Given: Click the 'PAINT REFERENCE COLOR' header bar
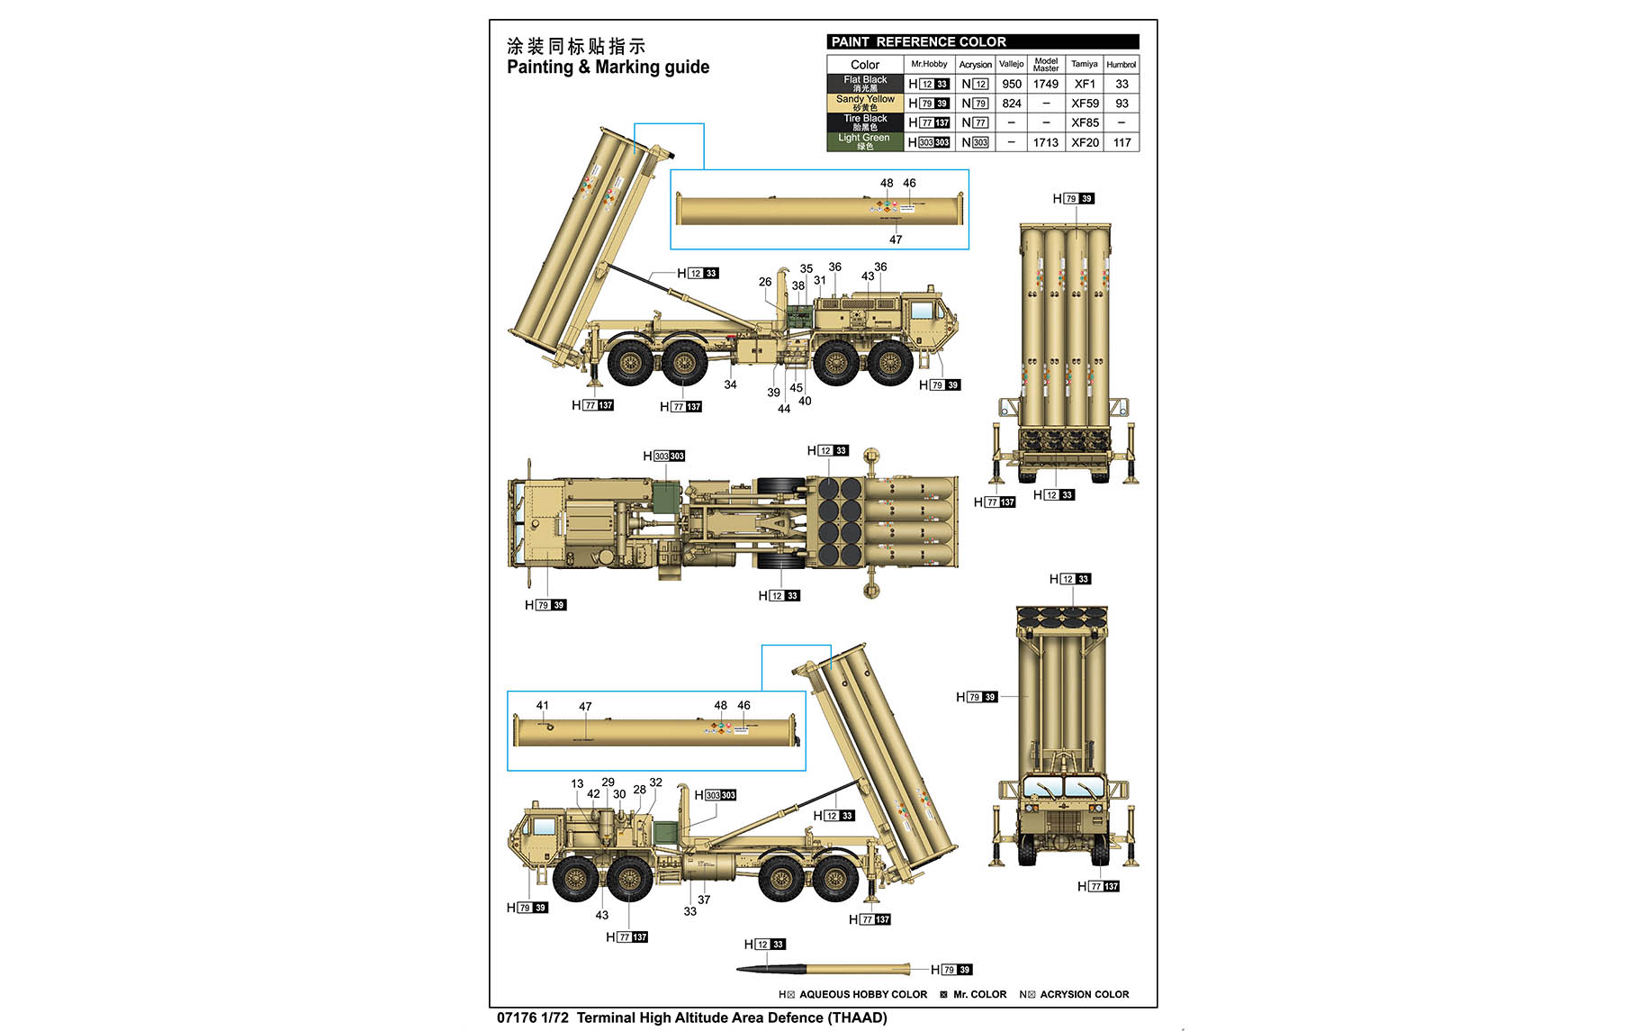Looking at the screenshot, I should pyautogui.click(x=982, y=42).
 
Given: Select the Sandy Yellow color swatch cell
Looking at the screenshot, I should pyautogui.click(x=865, y=104).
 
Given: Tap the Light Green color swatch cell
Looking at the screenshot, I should pyautogui.click(x=865, y=142).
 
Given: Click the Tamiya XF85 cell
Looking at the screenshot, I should pyautogui.click(x=1085, y=123).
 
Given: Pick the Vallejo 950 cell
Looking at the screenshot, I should pyautogui.click(x=1012, y=85).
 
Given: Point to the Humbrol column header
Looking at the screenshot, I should pyautogui.click(x=1121, y=65).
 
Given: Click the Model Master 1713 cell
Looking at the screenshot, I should pyautogui.click(x=1046, y=142).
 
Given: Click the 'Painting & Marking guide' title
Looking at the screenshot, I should pyautogui.click(x=608, y=68).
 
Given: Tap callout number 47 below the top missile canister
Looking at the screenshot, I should pyautogui.click(x=896, y=240).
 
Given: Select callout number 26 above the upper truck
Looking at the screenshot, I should pyautogui.click(x=765, y=282).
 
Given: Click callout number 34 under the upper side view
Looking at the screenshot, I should pyautogui.click(x=730, y=384).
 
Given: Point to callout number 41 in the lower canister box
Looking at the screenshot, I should pyautogui.click(x=542, y=706).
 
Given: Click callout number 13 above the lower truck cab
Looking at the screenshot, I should pyautogui.click(x=577, y=783).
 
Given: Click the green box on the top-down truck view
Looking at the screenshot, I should pyautogui.click(x=665, y=498).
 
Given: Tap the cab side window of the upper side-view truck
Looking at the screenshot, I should pyautogui.click(x=922, y=311).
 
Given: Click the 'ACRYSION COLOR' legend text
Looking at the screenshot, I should pyautogui.click(x=1084, y=995).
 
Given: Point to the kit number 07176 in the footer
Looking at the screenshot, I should pyautogui.click(x=517, y=1018).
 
